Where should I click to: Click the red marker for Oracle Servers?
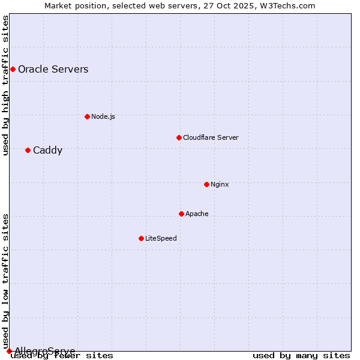click(13, 70)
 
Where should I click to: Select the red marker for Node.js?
click(87, 116)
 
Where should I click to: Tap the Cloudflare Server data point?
click(179, 137)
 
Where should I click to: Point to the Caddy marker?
click(28, 150)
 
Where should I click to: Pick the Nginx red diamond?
click(206, 184)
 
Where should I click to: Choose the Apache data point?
click(181, 214)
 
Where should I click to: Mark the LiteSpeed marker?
click(141, 238)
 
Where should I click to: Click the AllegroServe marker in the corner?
click(9, 351)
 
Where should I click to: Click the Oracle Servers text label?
click(53, 70)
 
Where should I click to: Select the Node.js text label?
click(103, 116)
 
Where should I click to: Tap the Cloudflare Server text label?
click(211, 137)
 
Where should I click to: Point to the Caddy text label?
click(47, 151)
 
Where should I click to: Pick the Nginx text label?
click(220, 184)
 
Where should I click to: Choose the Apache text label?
click(197, 214)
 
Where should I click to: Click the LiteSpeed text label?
click(161, 238)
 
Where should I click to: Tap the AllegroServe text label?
click(45, 351)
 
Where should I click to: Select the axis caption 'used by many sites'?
click(301, 356)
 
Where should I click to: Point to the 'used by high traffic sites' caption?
click(6, 85)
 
